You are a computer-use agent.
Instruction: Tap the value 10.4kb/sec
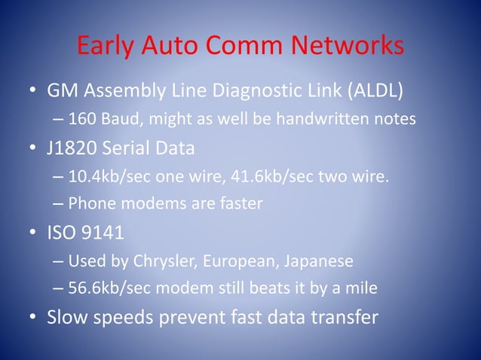point(107,178)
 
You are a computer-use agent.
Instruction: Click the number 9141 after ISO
point(103,233)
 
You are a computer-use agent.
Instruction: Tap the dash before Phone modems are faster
point(59,204)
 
